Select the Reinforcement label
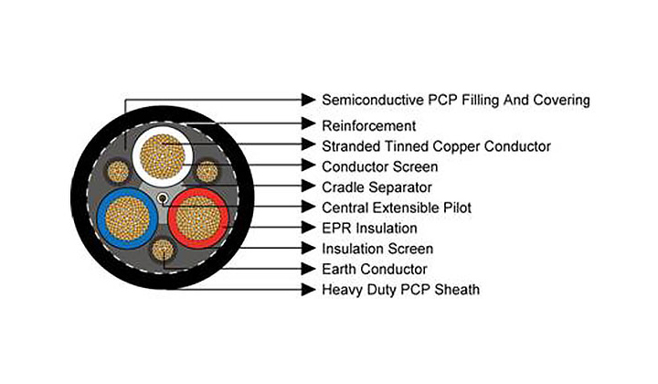368,124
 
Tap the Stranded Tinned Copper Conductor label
436,145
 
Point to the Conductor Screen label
379,166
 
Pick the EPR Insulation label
369,228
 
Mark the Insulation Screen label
377,249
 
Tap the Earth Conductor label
374,269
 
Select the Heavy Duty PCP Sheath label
400,290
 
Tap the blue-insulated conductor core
125,219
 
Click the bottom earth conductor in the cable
164,250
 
